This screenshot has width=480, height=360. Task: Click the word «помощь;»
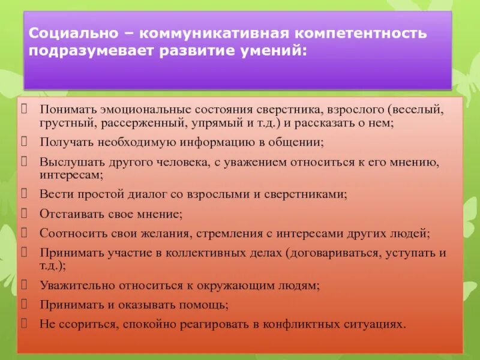207,304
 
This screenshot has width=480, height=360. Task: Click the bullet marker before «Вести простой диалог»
25,194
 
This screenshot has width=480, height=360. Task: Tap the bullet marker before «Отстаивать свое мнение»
25,212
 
